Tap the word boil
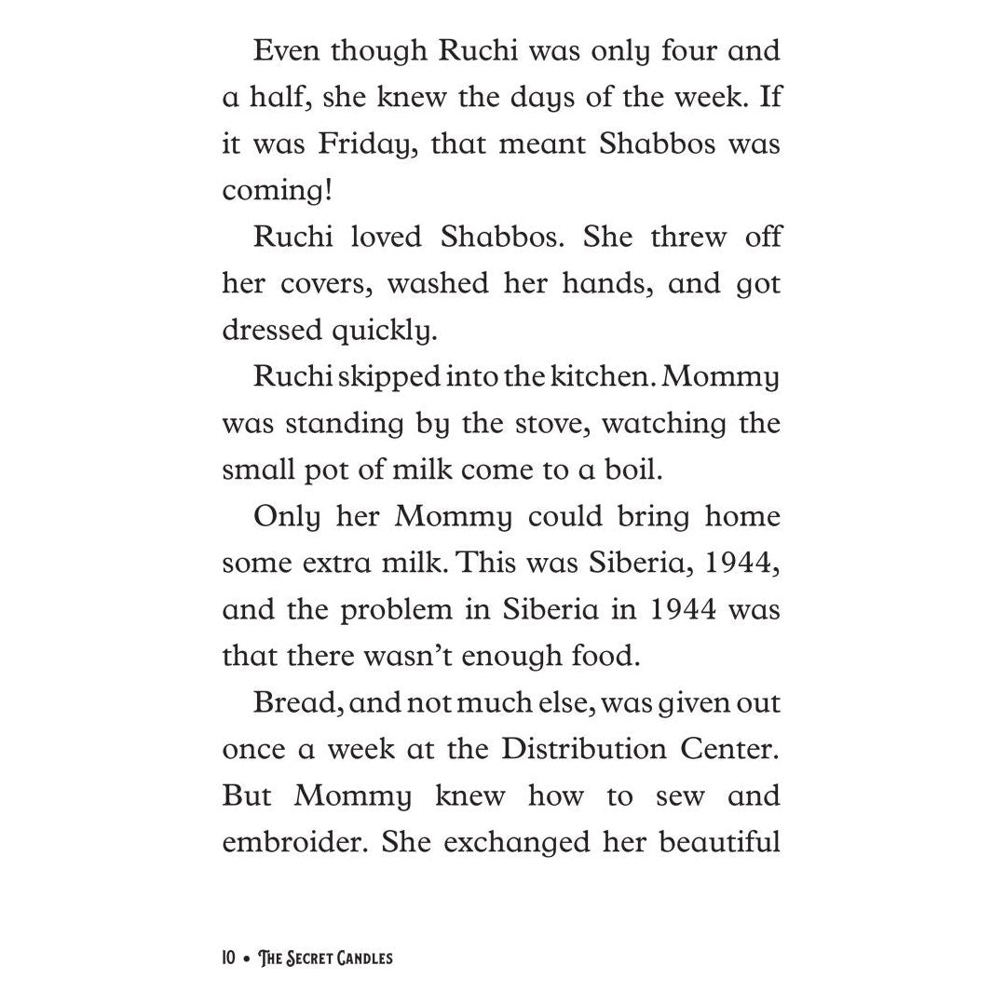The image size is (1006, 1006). click(631, 469)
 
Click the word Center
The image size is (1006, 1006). click(736, 749)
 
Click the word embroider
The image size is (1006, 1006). click(292, 842)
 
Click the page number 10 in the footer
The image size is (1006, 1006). click(229, 958)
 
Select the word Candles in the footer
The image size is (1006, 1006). click(357, 958)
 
